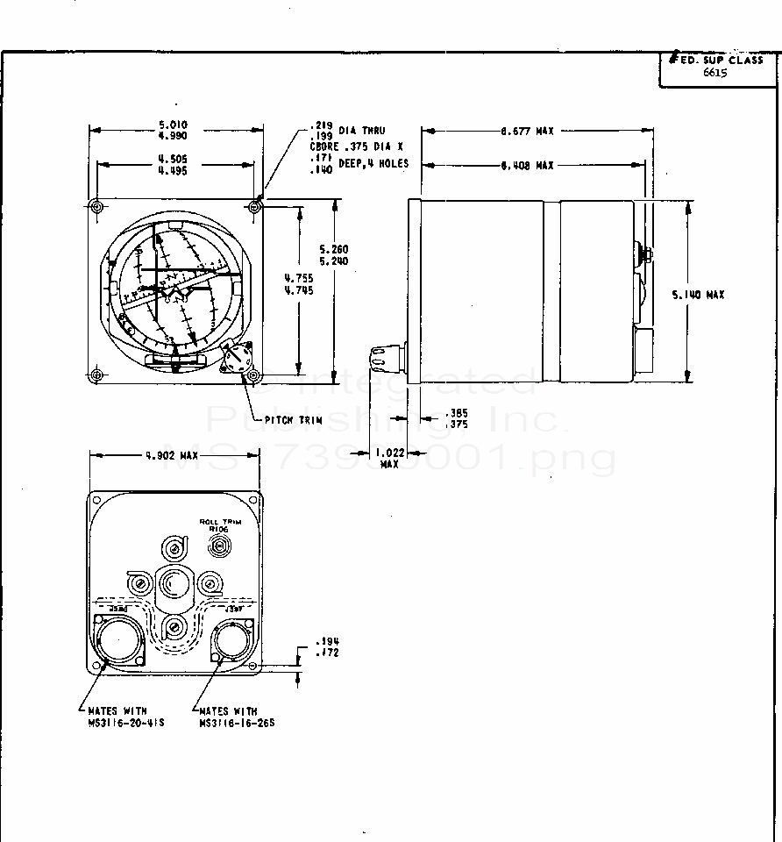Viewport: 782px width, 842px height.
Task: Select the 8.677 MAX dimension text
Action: (528, 131)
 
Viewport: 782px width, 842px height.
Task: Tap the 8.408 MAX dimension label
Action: (528, 165)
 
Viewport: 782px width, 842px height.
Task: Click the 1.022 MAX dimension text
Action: (388, 458)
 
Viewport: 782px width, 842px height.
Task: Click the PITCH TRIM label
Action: (294, 420)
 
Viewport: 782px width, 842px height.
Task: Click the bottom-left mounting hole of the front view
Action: (96, 375)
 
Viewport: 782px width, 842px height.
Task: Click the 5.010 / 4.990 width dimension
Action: (173, 131)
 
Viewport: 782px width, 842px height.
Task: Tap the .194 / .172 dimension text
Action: (330, 647)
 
